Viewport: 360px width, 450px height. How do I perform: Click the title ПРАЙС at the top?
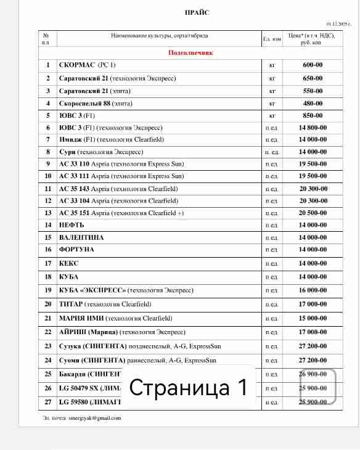(197, 13)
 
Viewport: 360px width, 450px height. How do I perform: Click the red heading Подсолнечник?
(190, 53)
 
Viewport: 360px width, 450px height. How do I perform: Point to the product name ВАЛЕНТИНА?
(81, 237)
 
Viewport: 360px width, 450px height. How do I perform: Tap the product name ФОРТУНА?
(76, 249)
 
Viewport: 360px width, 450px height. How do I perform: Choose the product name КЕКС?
(68, 263)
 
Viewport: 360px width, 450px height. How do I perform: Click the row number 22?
(47, 332)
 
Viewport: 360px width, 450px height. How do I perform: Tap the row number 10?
(47, 176)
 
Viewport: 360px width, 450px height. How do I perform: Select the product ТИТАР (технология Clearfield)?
(105, 305)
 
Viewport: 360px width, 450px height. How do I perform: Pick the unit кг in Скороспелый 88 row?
(271, 103)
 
